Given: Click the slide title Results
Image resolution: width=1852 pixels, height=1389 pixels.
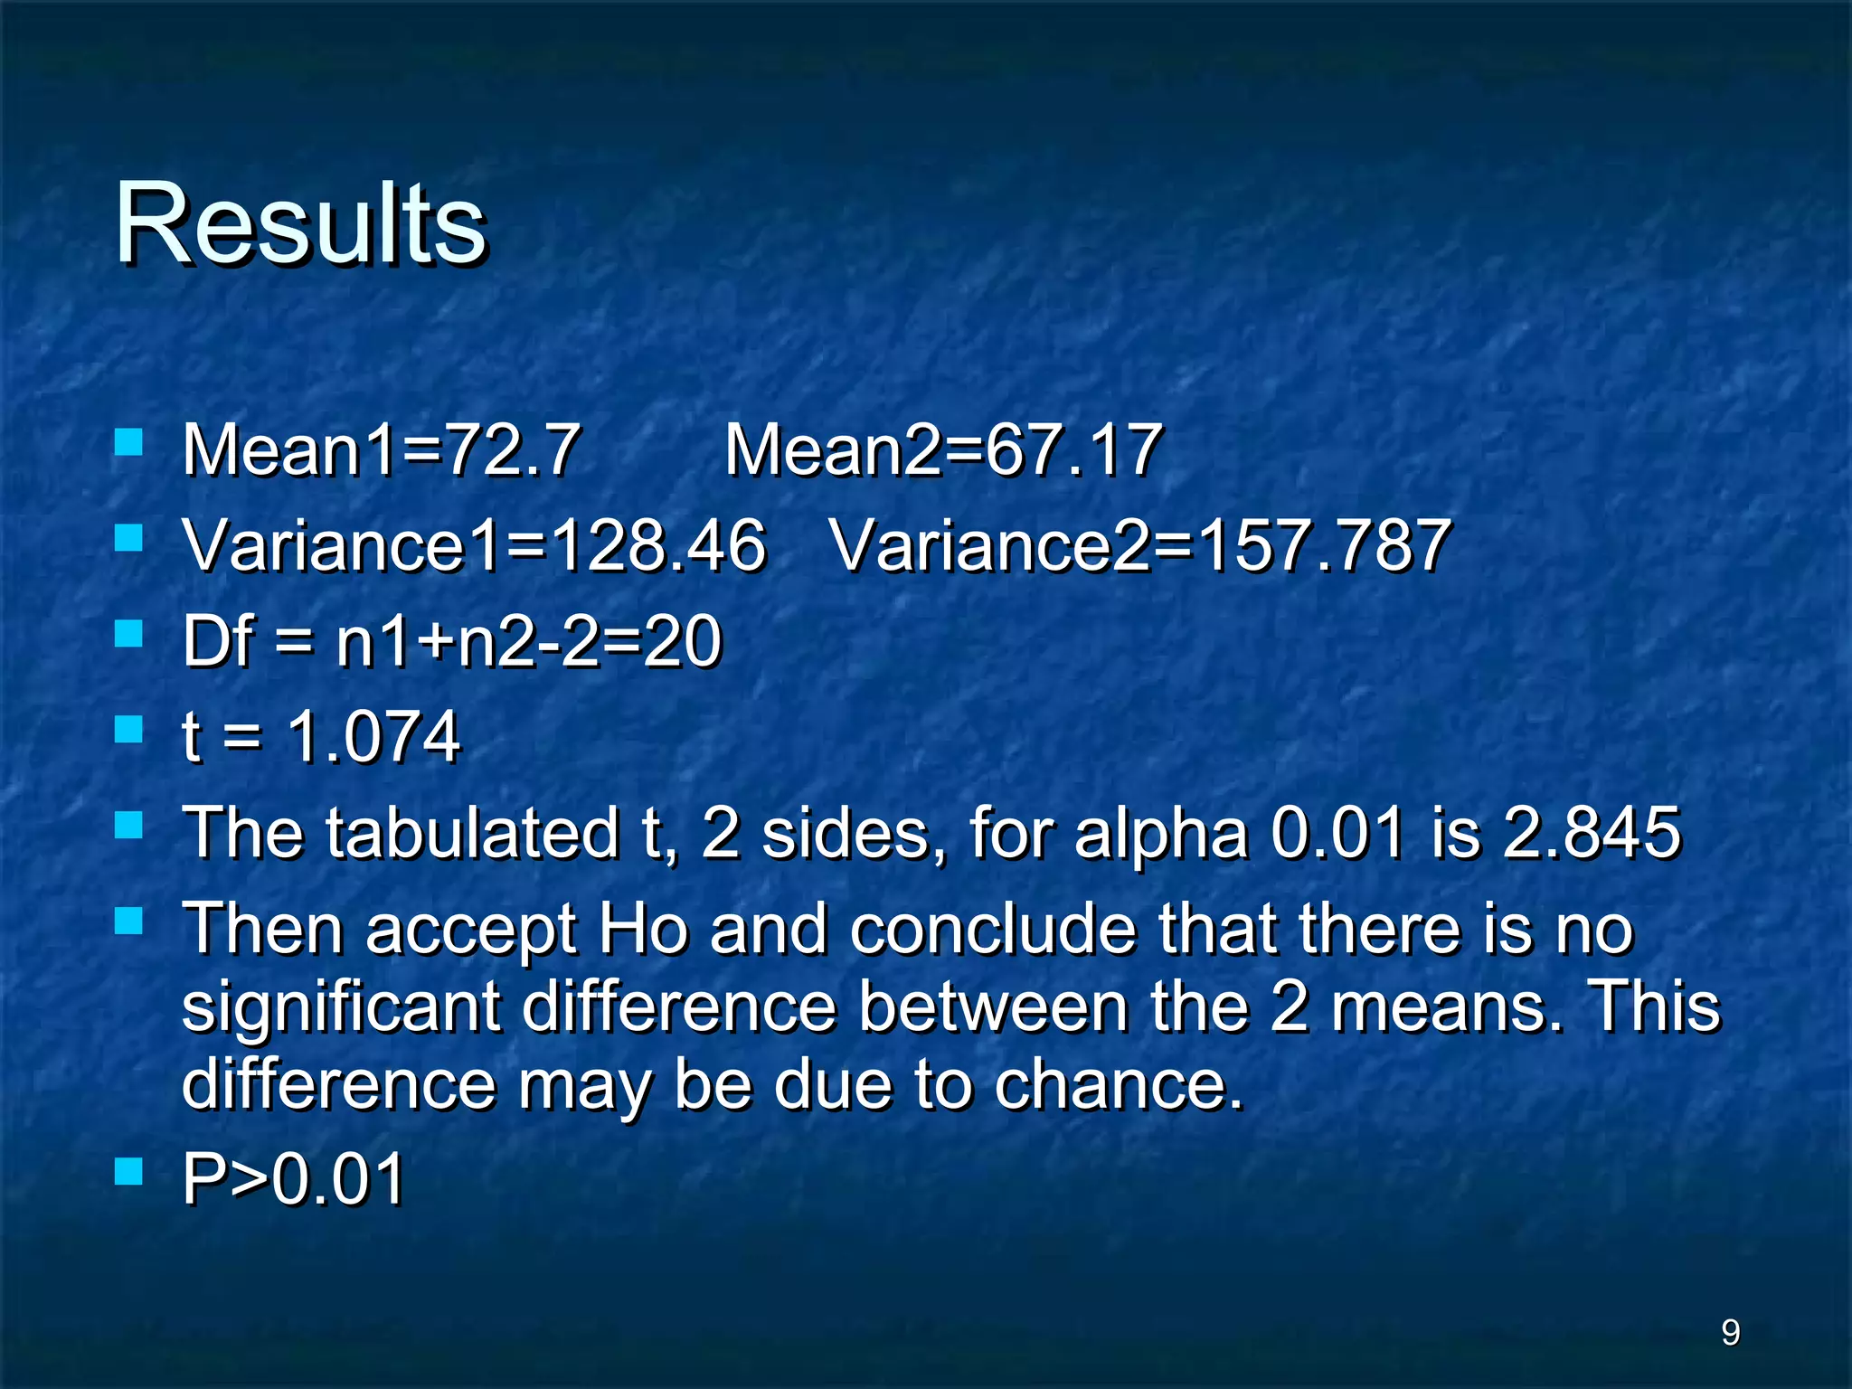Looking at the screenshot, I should click(300, 223).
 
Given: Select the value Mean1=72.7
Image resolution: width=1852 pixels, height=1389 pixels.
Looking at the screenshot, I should click(381, 449).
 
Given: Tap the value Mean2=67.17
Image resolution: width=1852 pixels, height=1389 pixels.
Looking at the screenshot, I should click(942, 449).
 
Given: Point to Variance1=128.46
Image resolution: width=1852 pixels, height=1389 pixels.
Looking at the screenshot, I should click(474, 545).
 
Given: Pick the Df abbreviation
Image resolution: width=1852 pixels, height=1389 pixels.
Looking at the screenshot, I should click(217, 641).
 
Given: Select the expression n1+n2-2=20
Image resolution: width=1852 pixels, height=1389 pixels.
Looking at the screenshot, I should click(529, 641).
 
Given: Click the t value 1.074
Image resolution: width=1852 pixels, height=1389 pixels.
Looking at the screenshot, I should click(373, 737).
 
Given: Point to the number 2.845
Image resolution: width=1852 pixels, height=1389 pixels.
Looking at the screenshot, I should click(1592, 833).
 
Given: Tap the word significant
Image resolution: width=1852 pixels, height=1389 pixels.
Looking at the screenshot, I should click(341, 1007).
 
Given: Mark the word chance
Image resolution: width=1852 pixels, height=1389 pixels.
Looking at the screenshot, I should click(1120, 1084).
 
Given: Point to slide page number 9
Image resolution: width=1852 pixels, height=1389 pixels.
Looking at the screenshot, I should click(1730, 1332).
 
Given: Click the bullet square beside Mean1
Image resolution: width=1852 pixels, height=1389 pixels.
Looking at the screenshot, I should click(129, 442).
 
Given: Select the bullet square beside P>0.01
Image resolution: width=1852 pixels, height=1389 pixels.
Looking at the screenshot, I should click(129, 1172).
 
